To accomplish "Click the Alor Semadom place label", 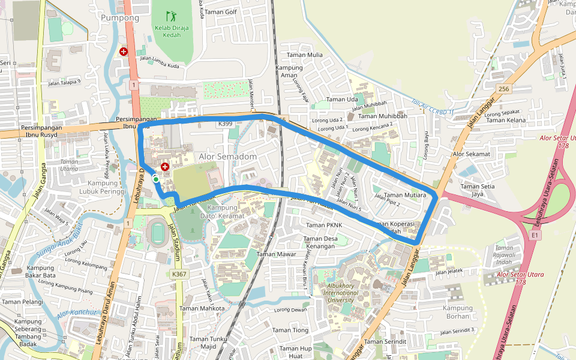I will tap(228, 157).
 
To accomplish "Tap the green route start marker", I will tap(156, 179).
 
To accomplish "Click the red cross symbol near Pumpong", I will tap(124, 52).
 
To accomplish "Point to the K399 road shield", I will tap(225, 124).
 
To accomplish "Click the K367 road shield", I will tap(179, 274).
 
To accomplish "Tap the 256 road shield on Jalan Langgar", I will tap(503, 89).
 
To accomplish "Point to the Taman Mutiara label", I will tap(404, 195).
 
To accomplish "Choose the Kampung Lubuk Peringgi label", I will tap(107, 187).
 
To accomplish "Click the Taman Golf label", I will tap(221, 12).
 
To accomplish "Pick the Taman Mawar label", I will tap(277, 254).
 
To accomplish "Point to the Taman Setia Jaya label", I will tap(477, 190).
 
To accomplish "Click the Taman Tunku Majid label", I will tap(208, 343).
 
